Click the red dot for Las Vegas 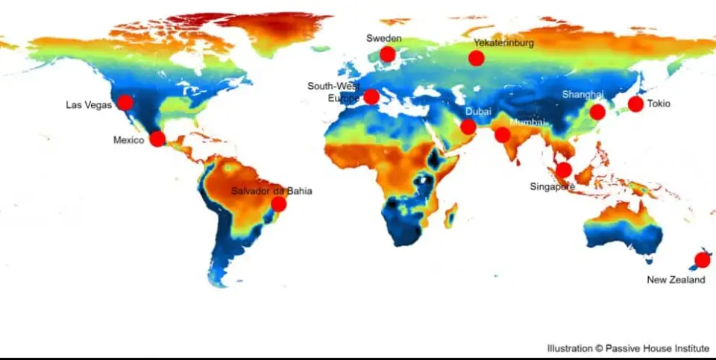click(125, 102)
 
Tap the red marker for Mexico click(157, 139)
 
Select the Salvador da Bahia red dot click(278, 203)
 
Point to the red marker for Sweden click(387, 54)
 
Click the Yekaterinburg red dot click(477, 58)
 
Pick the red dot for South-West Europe click(371, 96)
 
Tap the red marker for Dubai click(468, 127)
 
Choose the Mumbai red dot click(503, 135)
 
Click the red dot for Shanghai click(597, 112)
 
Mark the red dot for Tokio click(635, 104)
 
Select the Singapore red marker click(564, 170)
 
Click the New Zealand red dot click(702, 260)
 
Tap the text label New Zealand click(676, 280)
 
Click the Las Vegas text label click(88, 105)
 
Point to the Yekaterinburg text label click(503, 43)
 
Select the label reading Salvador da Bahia click(271, 191)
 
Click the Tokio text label click(659, 104)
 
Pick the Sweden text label click(383, 38)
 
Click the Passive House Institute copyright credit click(627, 348)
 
